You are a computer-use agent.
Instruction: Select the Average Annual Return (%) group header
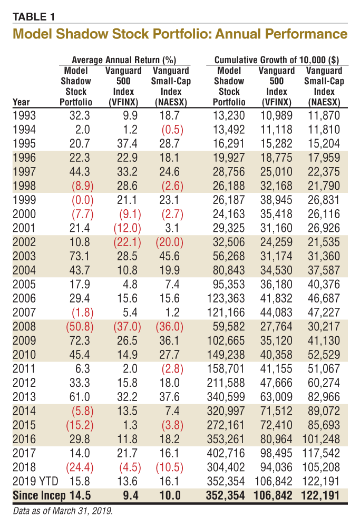coord(123,60)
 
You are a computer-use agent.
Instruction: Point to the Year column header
coord(22,102)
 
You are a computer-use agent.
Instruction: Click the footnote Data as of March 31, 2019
coord(63,510)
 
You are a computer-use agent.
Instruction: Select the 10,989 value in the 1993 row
coord(278,116)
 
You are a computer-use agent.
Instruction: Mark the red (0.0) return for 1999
coord(80,200)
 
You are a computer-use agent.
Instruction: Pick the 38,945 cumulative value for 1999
coord(278,200)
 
